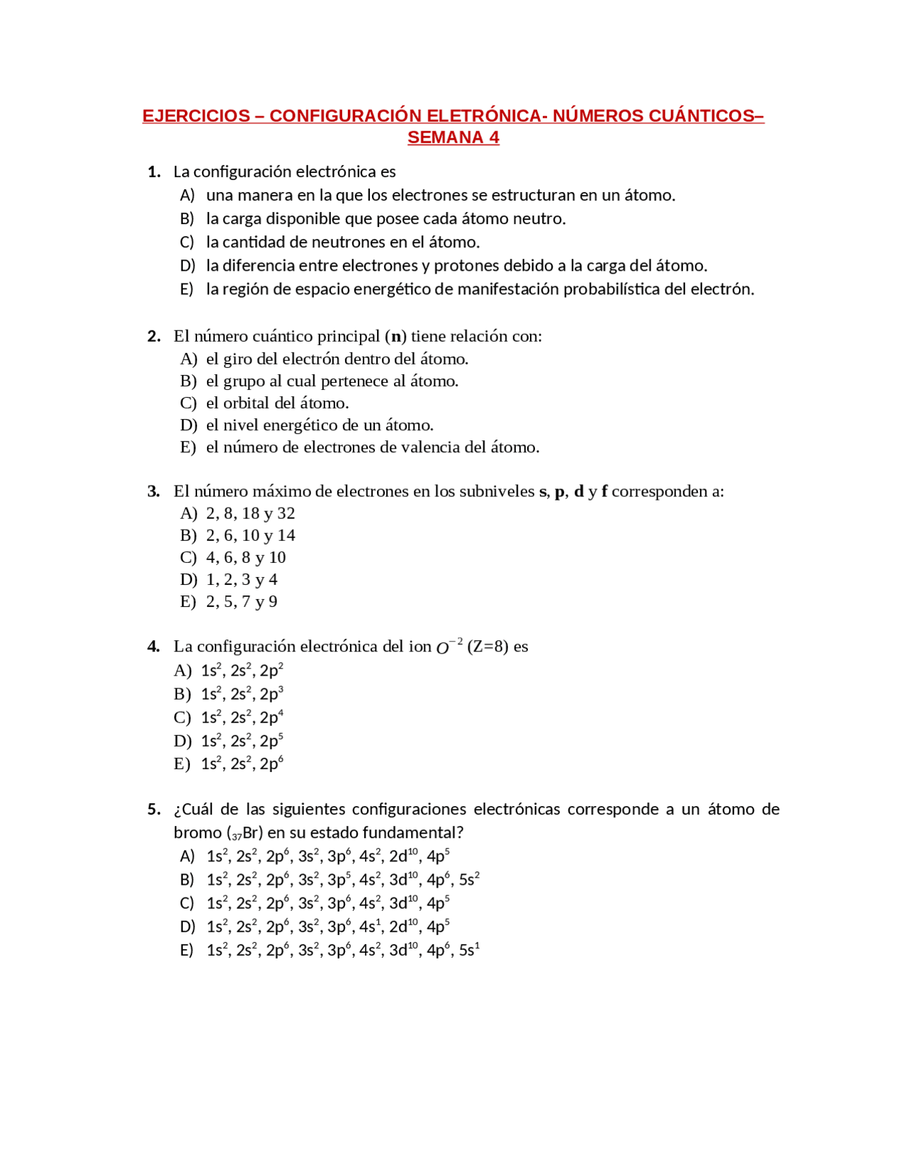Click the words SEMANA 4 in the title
[453, 138]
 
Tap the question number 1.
[153, 172]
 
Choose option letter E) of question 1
[186, 289]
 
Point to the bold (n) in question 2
[395, 336]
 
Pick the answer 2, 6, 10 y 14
[250, 535]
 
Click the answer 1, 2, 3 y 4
[242, 580]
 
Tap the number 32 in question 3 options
[286, 513]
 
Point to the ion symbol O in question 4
[443, 648]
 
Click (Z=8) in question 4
[488, 647]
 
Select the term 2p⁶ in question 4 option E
[271, 764]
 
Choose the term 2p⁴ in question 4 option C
[271, 717]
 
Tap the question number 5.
[153, 810]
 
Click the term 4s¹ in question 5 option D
[369, 927]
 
